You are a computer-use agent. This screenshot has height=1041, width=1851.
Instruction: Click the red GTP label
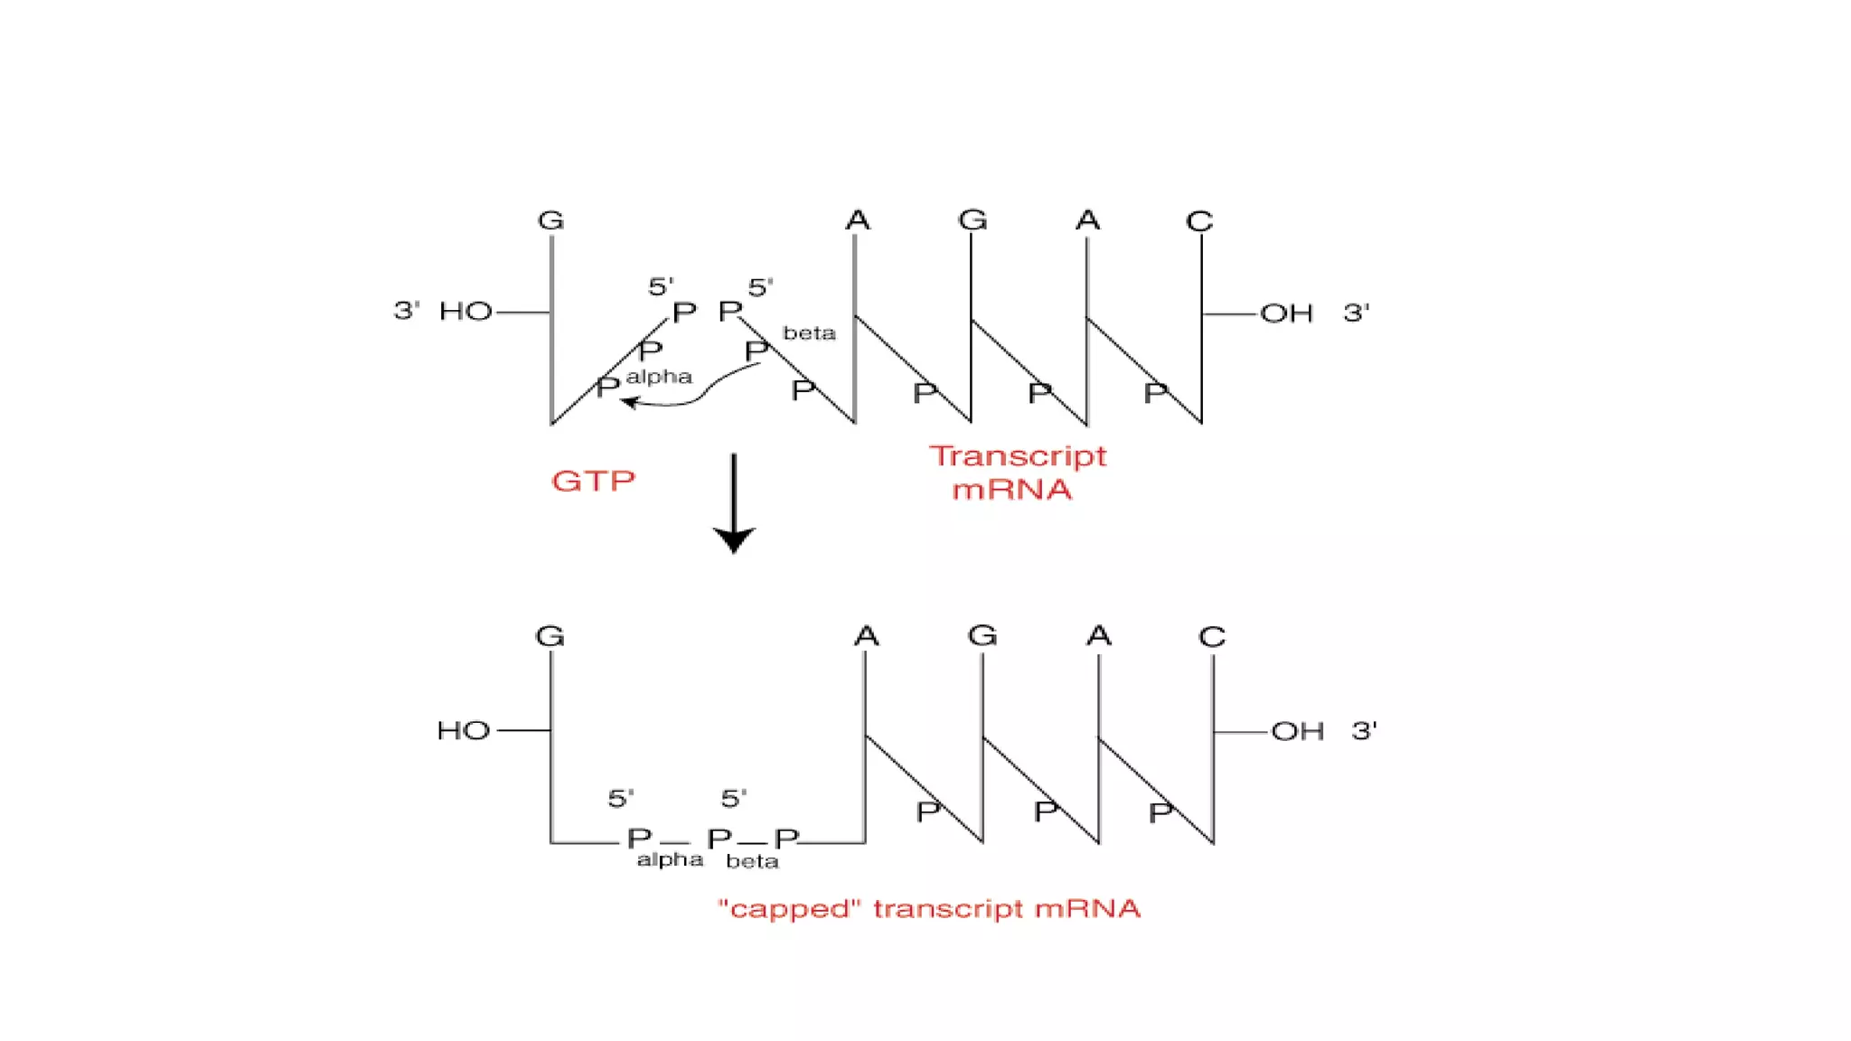tap(593, 481)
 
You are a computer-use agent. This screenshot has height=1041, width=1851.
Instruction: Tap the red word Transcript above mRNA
tap(1018, 456)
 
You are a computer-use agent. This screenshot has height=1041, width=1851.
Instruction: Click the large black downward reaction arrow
tap(734, 506)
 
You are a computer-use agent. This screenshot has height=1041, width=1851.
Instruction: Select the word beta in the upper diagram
tap(809, 333)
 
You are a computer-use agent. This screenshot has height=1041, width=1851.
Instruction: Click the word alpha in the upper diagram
tap(659, 377)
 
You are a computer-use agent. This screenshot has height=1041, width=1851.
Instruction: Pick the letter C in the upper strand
tap(1199, 221)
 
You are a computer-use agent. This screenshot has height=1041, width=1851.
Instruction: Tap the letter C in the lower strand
tap(1212, 637)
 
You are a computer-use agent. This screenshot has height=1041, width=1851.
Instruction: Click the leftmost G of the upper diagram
tap(550, 220)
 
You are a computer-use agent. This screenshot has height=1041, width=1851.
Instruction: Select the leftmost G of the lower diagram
tap(550, 636)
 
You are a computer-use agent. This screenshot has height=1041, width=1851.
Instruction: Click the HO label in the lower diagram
tap(464, 730)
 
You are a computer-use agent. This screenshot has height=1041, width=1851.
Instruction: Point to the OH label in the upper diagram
tap(1286, 314)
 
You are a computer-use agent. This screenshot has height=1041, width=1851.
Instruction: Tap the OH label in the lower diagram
tap(1297, 731)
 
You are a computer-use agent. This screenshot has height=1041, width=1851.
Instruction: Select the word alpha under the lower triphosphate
tap(670, 860)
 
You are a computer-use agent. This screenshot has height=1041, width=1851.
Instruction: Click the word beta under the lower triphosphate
tap(752, 862)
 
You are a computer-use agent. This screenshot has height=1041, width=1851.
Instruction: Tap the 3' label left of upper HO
tap(407, 311)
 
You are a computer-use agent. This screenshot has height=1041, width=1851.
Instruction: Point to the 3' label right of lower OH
tap(1364, 730)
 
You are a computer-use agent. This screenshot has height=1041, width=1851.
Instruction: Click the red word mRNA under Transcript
tap(1011, 490)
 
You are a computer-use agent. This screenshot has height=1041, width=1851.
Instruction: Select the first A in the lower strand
tap(866, 636)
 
